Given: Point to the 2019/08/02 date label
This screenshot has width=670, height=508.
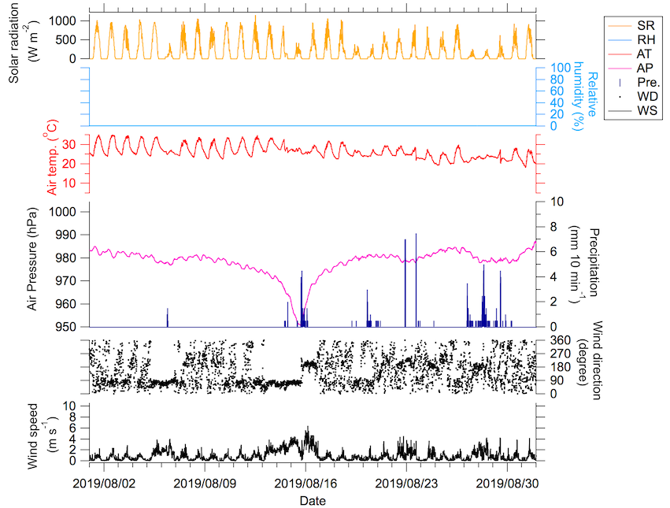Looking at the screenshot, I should coord(104,482).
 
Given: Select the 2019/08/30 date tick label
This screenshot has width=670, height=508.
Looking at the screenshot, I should coord(509,482).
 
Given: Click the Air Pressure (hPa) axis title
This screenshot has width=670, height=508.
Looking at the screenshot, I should coord(33,259).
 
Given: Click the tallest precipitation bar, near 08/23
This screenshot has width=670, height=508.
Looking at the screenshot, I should coord(416,235).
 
